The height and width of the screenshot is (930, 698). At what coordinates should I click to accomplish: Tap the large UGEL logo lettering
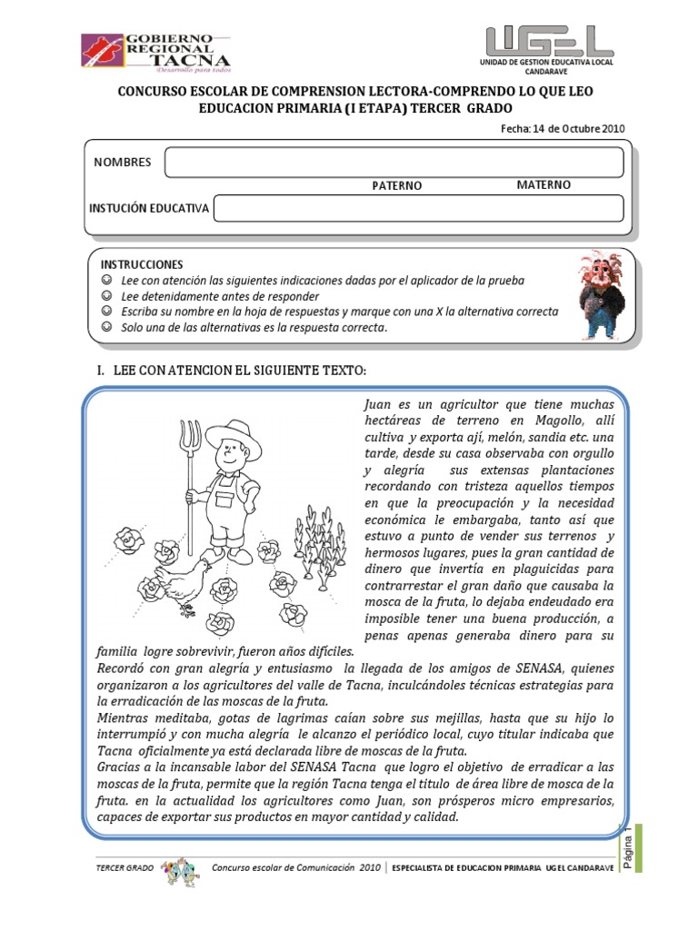(543, 41)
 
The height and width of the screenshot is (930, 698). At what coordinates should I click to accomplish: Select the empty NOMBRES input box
(394, 162)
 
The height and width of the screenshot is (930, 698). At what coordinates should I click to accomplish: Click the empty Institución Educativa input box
(419, 208)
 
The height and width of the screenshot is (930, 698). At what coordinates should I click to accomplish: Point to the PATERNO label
(397, 185)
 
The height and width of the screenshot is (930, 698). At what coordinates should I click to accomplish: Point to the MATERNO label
(543, 184)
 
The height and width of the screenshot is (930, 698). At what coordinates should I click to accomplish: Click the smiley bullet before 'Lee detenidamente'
(107, 295)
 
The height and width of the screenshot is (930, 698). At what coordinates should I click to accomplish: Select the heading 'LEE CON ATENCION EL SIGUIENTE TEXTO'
(238, 371)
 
